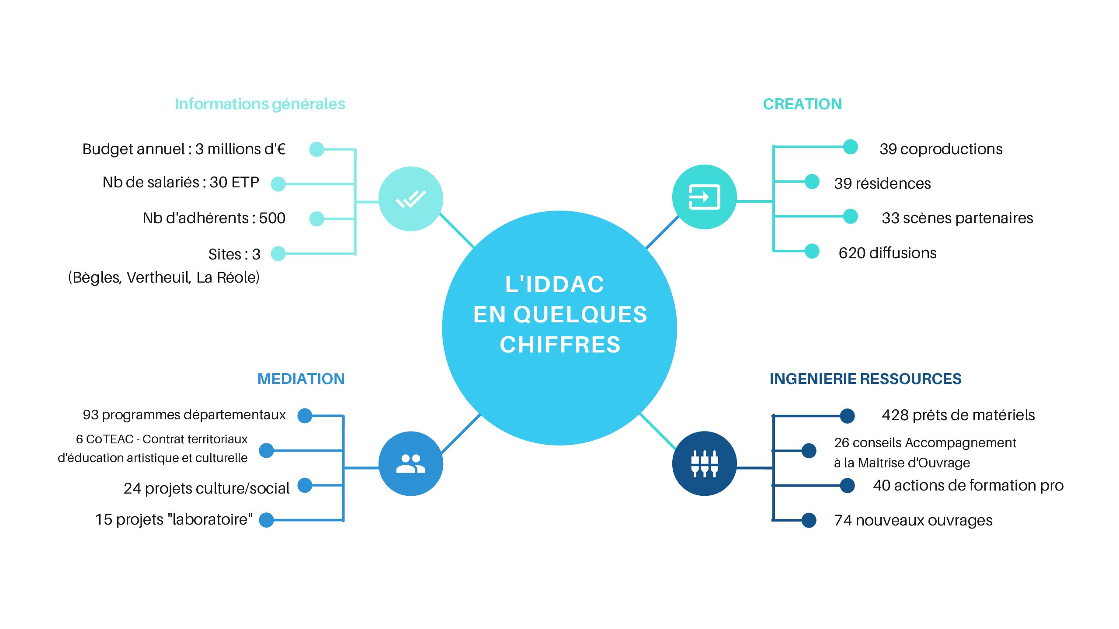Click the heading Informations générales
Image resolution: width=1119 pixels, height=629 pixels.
point(260,104)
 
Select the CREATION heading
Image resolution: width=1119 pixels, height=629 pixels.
point(802,104)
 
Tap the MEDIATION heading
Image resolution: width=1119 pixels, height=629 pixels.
point(301,379)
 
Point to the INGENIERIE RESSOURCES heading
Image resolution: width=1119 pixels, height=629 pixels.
point(865,379)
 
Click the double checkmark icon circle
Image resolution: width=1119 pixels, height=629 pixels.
point(410,199)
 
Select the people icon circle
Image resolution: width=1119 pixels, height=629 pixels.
point(410,463)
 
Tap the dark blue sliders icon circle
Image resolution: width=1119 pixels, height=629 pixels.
point(704,463)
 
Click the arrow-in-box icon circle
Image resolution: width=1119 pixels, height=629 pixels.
point(704,197)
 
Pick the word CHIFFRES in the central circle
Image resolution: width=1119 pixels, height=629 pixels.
point(560,345)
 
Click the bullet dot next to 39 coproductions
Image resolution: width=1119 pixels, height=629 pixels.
point(850,147)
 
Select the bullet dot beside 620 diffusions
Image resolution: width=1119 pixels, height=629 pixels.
point(812,251)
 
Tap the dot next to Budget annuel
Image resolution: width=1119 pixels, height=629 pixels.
point(316,149)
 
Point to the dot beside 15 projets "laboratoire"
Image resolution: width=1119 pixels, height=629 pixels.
point(266,520)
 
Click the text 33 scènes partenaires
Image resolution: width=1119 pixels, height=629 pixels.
point(957,218)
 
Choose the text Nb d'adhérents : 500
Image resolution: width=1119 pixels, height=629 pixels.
point(214,218)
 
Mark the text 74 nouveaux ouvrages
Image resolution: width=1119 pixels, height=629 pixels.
point(913,520)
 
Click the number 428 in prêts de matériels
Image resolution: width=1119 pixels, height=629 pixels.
point(895,415)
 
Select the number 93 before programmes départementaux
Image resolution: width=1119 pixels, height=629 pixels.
point(90,415)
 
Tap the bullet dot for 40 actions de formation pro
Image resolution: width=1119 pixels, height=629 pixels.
point(847,485)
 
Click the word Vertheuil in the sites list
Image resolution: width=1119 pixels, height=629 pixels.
point(159,277)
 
